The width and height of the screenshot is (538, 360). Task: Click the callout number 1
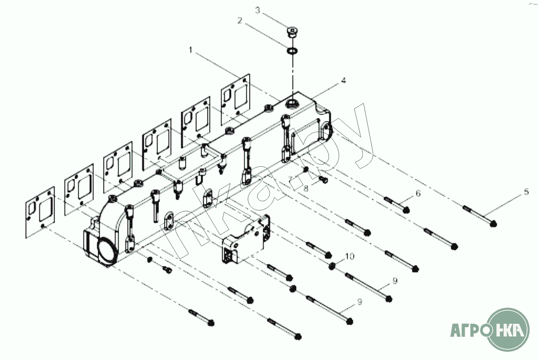tap(191, 50)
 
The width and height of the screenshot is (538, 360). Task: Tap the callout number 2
tap(240, 21)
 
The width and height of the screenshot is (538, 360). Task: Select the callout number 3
tap(257, 11)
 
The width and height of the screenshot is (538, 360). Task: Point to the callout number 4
tap(344, 80)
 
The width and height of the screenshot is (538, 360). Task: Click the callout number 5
tap(526, 192)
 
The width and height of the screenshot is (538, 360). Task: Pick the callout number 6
tap(418, 193)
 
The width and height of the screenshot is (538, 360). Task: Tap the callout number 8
tap(306, 189)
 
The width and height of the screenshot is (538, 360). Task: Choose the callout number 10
tap(350, 256)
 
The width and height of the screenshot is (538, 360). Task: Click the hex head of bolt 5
tap(493, 224)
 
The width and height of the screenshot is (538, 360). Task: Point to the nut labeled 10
tap(332, 266)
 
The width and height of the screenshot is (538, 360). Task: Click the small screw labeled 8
tap(323, 179)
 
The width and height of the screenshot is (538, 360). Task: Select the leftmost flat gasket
tap(40, 212)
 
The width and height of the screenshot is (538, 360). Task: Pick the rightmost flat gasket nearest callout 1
tap(235, 100)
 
